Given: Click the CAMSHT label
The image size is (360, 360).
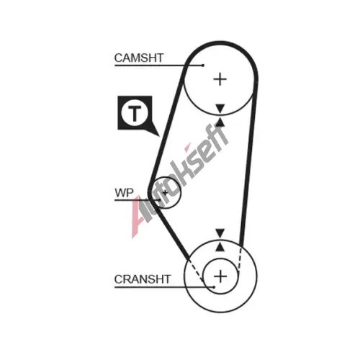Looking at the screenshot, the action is (x=139, y=58).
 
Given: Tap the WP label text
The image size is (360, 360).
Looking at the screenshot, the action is (x=124, y=193).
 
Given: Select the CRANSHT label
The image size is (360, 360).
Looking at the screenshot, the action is (x=143, y=279).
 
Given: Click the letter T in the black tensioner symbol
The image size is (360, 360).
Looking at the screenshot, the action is (x=135, y=113).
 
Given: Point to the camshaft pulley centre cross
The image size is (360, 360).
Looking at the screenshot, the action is (x=220, y=79).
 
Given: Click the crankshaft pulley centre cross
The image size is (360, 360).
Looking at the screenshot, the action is (x=220, y=276).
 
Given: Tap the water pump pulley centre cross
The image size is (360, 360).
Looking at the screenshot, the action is (x=165, y=192).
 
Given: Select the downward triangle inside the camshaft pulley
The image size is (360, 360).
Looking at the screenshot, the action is (x=220, y=108).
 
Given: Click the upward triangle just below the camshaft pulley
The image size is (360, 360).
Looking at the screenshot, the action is (x=220, y=122).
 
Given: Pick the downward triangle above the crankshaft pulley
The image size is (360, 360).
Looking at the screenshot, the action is (x=220, y=233).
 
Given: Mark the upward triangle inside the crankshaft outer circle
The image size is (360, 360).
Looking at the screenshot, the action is (x=220, y=247).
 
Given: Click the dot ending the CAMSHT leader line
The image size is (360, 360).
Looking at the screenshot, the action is (x=203, y=66).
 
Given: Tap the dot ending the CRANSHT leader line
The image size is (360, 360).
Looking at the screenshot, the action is (x=214, y=287).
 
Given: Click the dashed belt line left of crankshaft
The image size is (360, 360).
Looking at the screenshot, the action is (x=196, y=271).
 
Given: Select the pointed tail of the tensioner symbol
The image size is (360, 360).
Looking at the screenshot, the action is (x=159, y=136).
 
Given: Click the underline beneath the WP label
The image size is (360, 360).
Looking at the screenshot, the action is (x=138, y=200).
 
